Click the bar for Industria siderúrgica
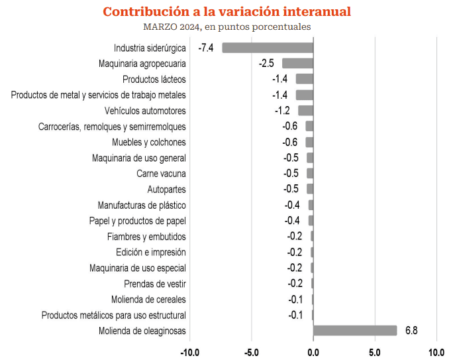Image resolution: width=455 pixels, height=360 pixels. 268,48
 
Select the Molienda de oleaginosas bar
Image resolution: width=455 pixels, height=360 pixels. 355,331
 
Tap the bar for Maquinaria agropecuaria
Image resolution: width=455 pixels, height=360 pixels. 297,64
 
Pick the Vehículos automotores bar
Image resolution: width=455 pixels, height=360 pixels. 305,111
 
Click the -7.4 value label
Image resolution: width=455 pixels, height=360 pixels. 205,48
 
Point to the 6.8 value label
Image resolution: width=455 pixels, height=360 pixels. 411,331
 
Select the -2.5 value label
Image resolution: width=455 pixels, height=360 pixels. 266,64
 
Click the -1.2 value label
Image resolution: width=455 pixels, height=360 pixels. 281,111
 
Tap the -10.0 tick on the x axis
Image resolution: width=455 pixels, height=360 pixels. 190,351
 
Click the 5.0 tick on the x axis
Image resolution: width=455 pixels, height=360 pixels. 375,351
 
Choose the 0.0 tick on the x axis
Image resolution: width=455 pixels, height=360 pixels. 313,351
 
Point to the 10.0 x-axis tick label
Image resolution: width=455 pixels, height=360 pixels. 436,351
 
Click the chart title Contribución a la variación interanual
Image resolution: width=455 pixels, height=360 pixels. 227,12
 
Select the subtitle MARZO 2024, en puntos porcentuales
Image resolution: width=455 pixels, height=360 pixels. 227,27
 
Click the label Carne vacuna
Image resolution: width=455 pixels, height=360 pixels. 161,174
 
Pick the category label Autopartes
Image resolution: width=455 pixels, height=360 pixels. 166,190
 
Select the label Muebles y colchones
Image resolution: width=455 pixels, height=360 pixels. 149,143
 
